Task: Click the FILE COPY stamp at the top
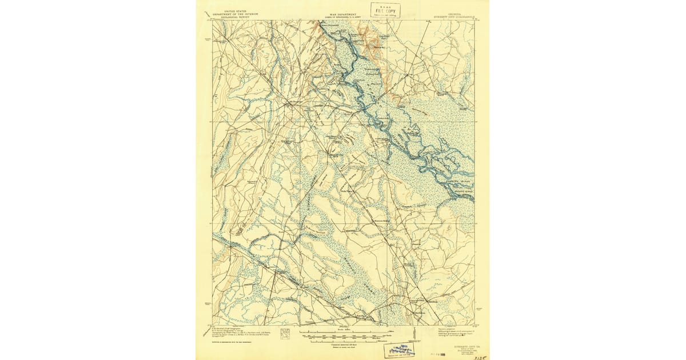click(385, 10)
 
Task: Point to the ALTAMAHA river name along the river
click(400, 137)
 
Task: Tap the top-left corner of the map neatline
click(213, 21)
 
